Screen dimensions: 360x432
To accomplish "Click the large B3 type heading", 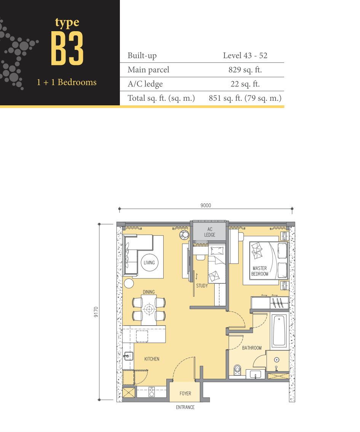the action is [x=67, y=48].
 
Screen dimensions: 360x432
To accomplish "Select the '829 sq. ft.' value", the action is [x=245, y=70].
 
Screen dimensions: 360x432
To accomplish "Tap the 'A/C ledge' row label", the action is [x=145, y=84].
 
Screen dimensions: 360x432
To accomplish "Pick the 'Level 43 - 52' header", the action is [x=245, y=56].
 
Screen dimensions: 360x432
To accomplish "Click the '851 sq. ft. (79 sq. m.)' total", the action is [x=245, y=98].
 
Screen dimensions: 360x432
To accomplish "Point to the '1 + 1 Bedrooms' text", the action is [x=67, y=82].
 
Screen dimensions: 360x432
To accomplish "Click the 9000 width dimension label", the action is [x=205, y=205].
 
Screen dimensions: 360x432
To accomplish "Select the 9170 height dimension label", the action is [x=96, y=312].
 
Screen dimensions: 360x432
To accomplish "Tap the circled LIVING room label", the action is [x=149, y=262].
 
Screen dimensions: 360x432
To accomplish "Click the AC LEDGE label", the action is [x=210, y=232].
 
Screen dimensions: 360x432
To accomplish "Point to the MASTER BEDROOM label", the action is [x=260, y=271].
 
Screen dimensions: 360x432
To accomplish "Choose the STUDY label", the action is [x=202, y=286].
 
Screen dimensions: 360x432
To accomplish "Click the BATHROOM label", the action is [x=252, y=348].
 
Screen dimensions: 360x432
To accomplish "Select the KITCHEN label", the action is [x=151, y=359].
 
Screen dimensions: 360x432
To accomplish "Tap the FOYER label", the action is [x=185, y=394].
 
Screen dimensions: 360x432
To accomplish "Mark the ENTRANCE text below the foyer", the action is [x=185, y=407].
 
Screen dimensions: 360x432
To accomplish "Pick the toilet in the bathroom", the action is [x=237, y=370].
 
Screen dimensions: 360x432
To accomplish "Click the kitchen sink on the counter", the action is [x=128, y=356].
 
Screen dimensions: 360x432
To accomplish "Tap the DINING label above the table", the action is [x=149, y=292].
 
